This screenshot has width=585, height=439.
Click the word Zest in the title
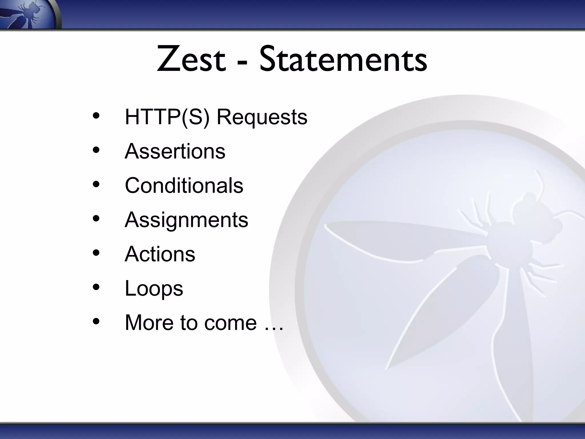pos(191,59)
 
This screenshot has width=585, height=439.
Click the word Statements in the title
pos(343,59)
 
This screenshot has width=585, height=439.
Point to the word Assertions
pos(175,151)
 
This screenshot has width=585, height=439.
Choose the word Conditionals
pos(184,185)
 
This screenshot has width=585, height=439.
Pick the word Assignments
pos(186,220)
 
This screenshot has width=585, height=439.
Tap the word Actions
pos(160,254)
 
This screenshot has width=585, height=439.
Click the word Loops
pos(154,288)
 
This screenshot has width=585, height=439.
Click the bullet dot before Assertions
pos(96,150)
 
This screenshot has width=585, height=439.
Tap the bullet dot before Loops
pos(96,287)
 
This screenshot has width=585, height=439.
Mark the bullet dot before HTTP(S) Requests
pos(96,116)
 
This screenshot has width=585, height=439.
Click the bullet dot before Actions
pos(96,253)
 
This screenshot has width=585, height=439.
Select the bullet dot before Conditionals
pos(96,184)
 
